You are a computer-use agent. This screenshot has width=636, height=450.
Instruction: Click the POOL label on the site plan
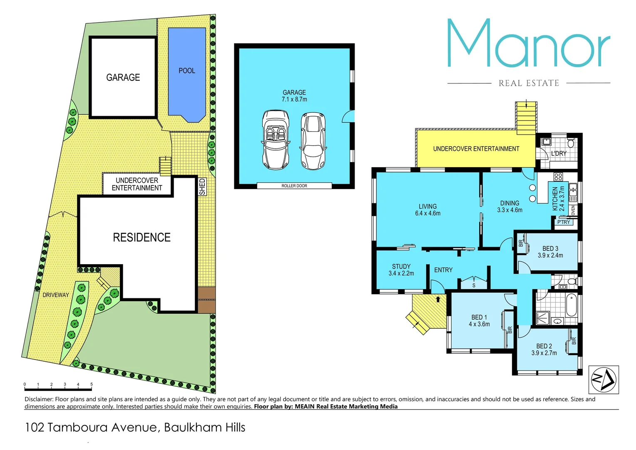(x=187, y=71)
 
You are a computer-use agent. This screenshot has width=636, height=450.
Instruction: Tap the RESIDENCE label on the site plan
(x=142, y=237)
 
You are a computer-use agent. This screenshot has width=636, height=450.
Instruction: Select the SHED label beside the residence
(x=202, y=187)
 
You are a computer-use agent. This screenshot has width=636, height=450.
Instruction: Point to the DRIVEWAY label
(x=56, y=295)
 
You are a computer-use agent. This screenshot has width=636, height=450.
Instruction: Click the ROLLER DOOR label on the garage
(x=294, y=186)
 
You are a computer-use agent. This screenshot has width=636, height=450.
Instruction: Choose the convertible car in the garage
(x=276, y=140)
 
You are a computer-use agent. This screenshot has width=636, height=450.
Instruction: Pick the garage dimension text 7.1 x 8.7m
(x=294, y=100)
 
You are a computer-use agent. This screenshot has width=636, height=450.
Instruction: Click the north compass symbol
(x=604, y=380)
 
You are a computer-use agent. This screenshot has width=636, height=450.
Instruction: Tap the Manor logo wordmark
(x=529, y=43)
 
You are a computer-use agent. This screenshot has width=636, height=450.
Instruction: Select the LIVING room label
(x=427, y=206)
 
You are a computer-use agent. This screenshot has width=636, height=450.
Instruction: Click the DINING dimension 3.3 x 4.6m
(x=509, y=210)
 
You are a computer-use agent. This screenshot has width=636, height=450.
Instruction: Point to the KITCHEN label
(x=555, y=198)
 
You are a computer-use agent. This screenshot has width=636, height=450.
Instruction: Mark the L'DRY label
(x=559, y=153)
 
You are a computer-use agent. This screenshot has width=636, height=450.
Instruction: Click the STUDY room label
(x=401, y=266)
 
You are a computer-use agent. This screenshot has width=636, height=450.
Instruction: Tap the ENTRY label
(x=443, y=270)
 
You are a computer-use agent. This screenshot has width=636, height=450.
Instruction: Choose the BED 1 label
(x=479, y=317)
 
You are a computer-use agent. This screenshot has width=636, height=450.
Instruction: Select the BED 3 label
(x=550, y=248)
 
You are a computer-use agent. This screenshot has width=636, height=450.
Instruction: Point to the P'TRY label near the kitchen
(x=564, y=222)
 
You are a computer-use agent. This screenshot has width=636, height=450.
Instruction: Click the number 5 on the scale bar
(x=92, y=384)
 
